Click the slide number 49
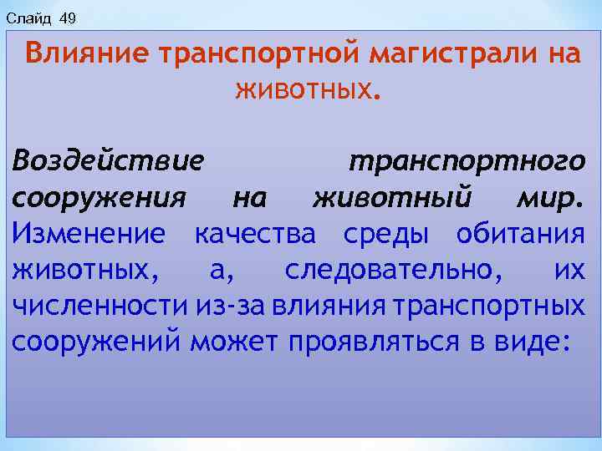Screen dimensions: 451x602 tap(68, 18)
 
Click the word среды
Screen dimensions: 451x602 tap(385, 235)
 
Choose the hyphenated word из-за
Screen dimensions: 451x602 tap(223, 306)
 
